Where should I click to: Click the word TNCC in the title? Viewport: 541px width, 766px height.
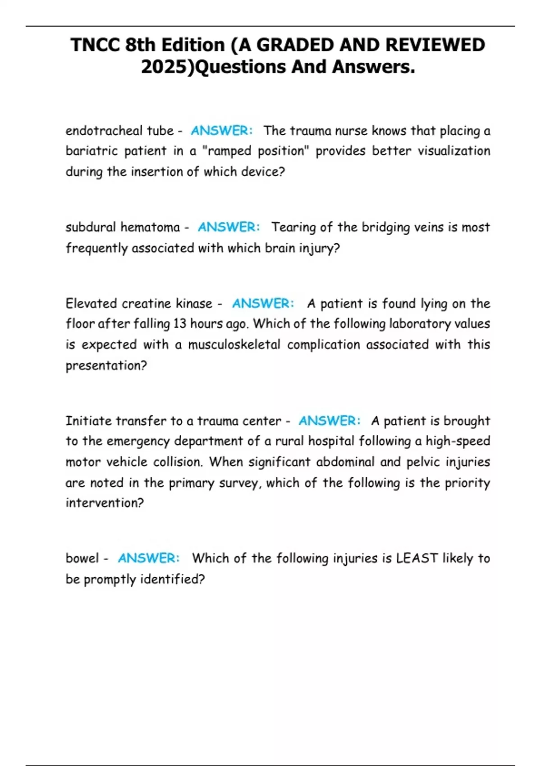[x=95, y=45]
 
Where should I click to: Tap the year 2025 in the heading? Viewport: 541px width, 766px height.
[x=167, y=67]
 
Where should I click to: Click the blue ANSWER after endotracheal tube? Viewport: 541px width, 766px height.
[x=221, y=131]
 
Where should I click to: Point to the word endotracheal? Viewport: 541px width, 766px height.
[x=98, y=131]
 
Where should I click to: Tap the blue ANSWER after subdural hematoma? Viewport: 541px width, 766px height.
[x=229, y=227]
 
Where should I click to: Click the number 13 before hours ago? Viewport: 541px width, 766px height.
[x=179, y=324]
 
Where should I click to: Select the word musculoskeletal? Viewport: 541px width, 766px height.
[x=234, y=345]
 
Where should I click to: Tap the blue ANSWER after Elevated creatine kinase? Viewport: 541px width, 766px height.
[x=263, y=303]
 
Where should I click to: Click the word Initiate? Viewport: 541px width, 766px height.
[x=88, y=421]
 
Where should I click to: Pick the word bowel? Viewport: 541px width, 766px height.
[x=82, y=558]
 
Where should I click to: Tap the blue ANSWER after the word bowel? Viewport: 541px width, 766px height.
[x=148, y=558]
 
